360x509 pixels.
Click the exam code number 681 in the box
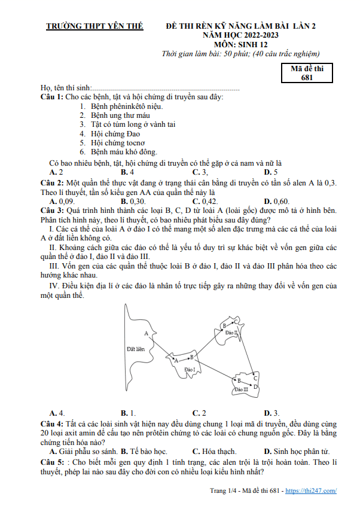307,77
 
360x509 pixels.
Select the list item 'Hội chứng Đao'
115,134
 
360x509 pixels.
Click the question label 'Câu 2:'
52,182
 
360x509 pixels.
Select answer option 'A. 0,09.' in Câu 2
62,201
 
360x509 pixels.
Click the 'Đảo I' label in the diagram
191,370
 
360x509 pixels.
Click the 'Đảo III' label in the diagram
242,389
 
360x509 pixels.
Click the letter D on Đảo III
255,386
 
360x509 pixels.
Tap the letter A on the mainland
146,333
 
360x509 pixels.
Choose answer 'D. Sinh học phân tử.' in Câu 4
297,450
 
